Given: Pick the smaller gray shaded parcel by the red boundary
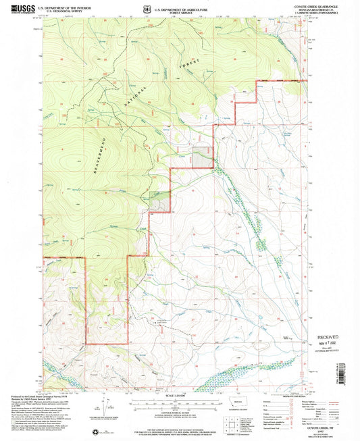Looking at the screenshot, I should [x=159, y=202].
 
